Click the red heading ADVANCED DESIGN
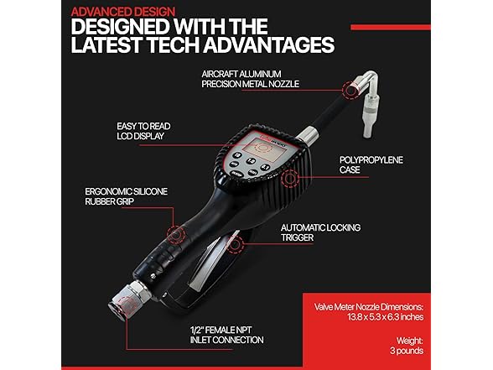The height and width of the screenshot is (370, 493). (x=123, y=12)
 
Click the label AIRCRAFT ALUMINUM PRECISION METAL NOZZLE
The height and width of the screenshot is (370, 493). (x=250, y=79)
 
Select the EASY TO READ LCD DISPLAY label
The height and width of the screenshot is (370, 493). (x=143, y=131)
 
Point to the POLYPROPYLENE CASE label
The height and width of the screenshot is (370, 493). (x=371, y=164)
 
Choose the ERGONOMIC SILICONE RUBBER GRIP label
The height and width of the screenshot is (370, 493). (x=126, y=196)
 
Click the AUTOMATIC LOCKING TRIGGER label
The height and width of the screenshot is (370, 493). (x=320, y=232)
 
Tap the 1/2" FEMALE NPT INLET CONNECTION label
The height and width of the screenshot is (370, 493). (x=226, y=335)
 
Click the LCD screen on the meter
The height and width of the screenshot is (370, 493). (x=260, y=146)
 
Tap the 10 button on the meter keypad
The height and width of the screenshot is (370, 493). (x=237, y=155)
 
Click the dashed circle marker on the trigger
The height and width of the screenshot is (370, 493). (x=235, y=244)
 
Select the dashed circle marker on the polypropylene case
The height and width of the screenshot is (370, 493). (x=290, y=178)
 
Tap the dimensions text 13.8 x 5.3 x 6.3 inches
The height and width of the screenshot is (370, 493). (x=385, y=317)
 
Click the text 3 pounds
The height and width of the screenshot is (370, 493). (x=407, y=351)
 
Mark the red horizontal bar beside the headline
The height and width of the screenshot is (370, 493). (x=391, y=28)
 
